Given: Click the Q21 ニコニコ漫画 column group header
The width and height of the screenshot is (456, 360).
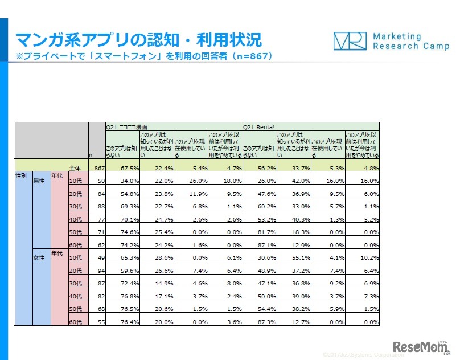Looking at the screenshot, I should pyautogui.click(x=127, y=127).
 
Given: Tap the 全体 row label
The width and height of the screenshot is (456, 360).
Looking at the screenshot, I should pyautogui.click(x=75, y=167).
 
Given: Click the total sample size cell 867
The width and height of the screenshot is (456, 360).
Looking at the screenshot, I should pyautogui.click(x=97, y=167).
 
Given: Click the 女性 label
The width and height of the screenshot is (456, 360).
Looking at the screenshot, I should pyautogui.click(x=40, y=258).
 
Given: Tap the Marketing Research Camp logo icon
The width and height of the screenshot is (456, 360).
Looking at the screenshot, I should pyautogui.click(x=349, y=41).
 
